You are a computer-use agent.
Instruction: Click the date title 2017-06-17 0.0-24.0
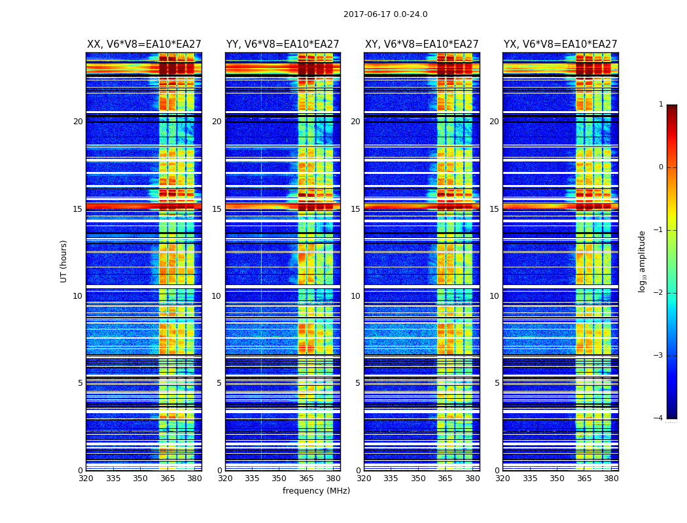(x=385, y=14)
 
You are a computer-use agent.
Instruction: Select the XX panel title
(x=144, y=44)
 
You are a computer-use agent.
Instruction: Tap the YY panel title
(x=283, y=44)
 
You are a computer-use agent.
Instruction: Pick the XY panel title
(x=421, y=44)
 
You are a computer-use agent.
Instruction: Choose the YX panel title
(x=560, y=44)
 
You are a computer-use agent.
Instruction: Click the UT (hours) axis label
(x=64, y=261)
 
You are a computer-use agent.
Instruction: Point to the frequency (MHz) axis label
(x=316, y=491)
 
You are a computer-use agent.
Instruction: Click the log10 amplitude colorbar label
(x=643, y=261)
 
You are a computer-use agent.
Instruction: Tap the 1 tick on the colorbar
(x=661, y=105)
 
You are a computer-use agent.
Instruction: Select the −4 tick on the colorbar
(x=659, y=418)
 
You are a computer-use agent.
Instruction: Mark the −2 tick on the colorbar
(x=659, y=293)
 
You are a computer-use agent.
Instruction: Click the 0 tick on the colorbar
(x=661, y=167)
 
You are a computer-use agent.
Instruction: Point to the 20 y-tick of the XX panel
(x=78, y=122)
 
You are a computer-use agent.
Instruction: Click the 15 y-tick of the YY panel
(x=217, y=209)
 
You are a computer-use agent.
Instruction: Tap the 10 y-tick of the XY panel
(x=355, y=296)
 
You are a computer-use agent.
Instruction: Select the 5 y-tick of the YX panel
(x=497, y=383)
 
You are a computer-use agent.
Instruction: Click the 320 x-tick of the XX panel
(x=86, y=479)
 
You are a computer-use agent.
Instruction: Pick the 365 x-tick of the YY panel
(x=306, y=479)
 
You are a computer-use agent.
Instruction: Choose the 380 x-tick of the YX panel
(x=611, y=479)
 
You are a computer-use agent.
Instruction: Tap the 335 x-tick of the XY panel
(x=391, y=479)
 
